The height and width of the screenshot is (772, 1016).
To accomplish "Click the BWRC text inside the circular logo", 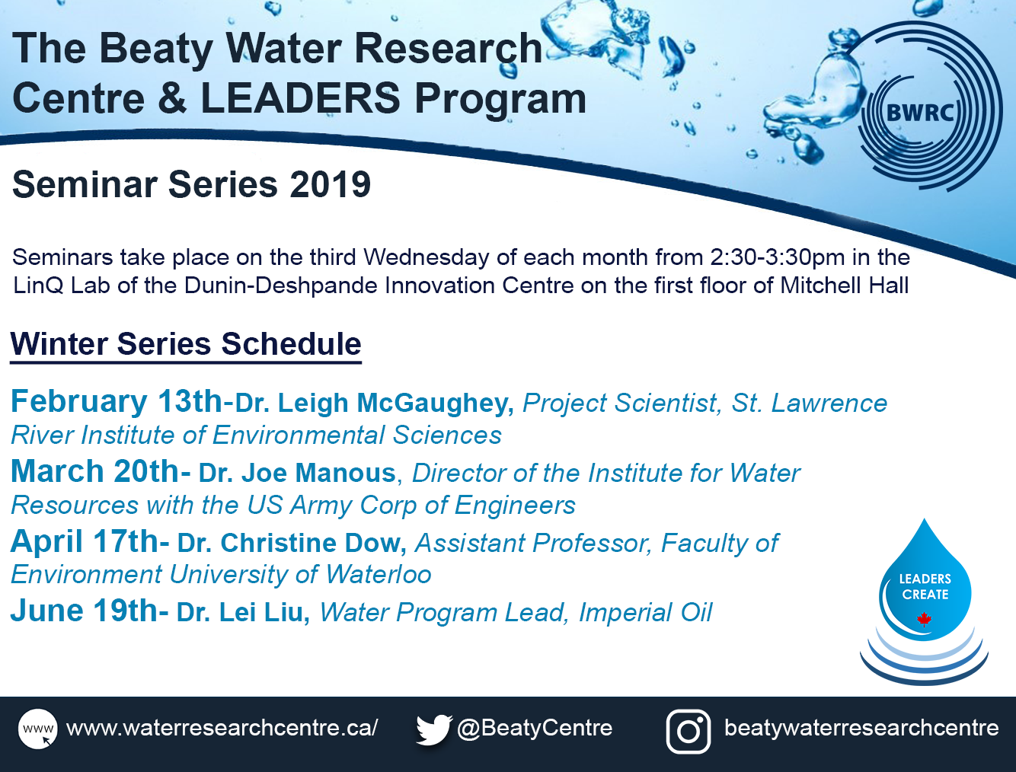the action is point(920,113).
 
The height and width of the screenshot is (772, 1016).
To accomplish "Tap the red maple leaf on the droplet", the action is point(924,620).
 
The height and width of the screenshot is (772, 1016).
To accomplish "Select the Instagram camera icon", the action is point(689,732).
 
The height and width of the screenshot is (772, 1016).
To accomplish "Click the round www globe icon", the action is point(38,729).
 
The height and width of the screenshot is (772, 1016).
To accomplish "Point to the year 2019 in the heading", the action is point(330,184).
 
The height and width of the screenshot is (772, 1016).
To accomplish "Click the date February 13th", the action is point(117,401).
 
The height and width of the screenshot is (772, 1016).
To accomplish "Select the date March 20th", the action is point(95,471).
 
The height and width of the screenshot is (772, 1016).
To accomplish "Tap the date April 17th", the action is point(85,541).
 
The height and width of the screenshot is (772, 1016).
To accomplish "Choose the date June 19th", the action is point(85,611).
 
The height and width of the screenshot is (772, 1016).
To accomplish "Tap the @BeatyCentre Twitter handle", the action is point(535,728).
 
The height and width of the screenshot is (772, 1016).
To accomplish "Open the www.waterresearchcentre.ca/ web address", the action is point(222,728).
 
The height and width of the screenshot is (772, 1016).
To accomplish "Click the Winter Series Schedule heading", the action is point(186,344).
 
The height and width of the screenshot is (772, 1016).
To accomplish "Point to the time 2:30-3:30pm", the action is point(778,257).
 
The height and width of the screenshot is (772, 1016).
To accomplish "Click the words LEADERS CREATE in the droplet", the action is point(925,586).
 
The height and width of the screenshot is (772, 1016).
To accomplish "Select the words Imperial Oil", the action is point(645,613).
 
